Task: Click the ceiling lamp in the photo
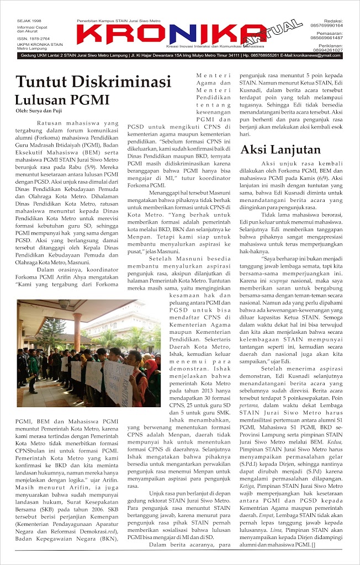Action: click(64, 304)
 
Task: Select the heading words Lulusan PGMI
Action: click(62, 100)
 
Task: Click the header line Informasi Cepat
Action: click(33, 26)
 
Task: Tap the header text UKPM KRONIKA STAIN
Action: click(40, 44)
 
